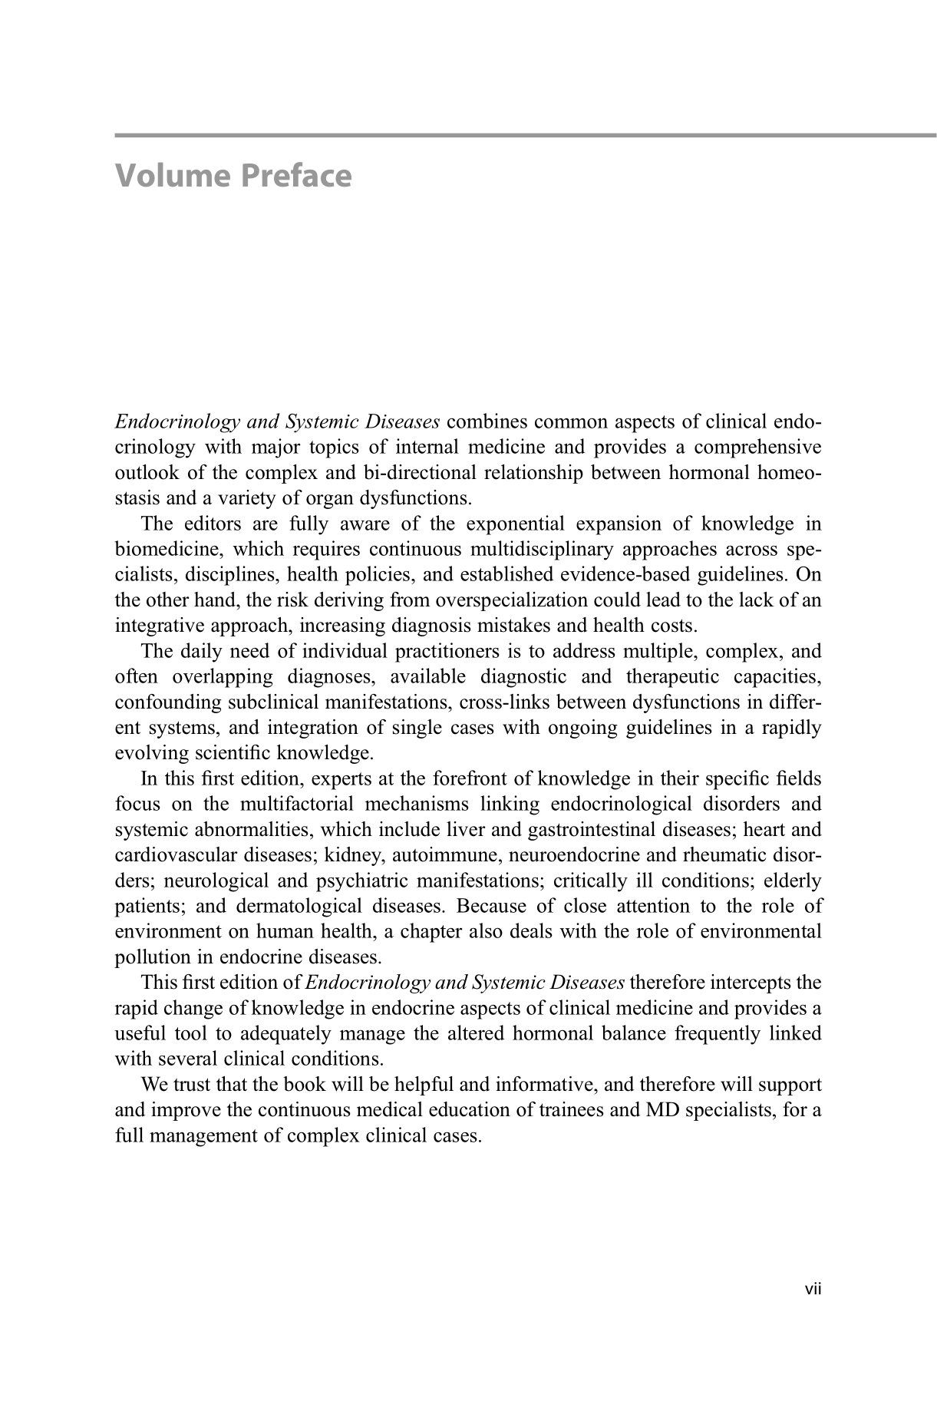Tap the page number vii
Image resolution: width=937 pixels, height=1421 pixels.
click(x=813, y=1290)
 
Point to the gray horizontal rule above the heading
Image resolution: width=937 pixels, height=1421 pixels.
click(x=526, y=136)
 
